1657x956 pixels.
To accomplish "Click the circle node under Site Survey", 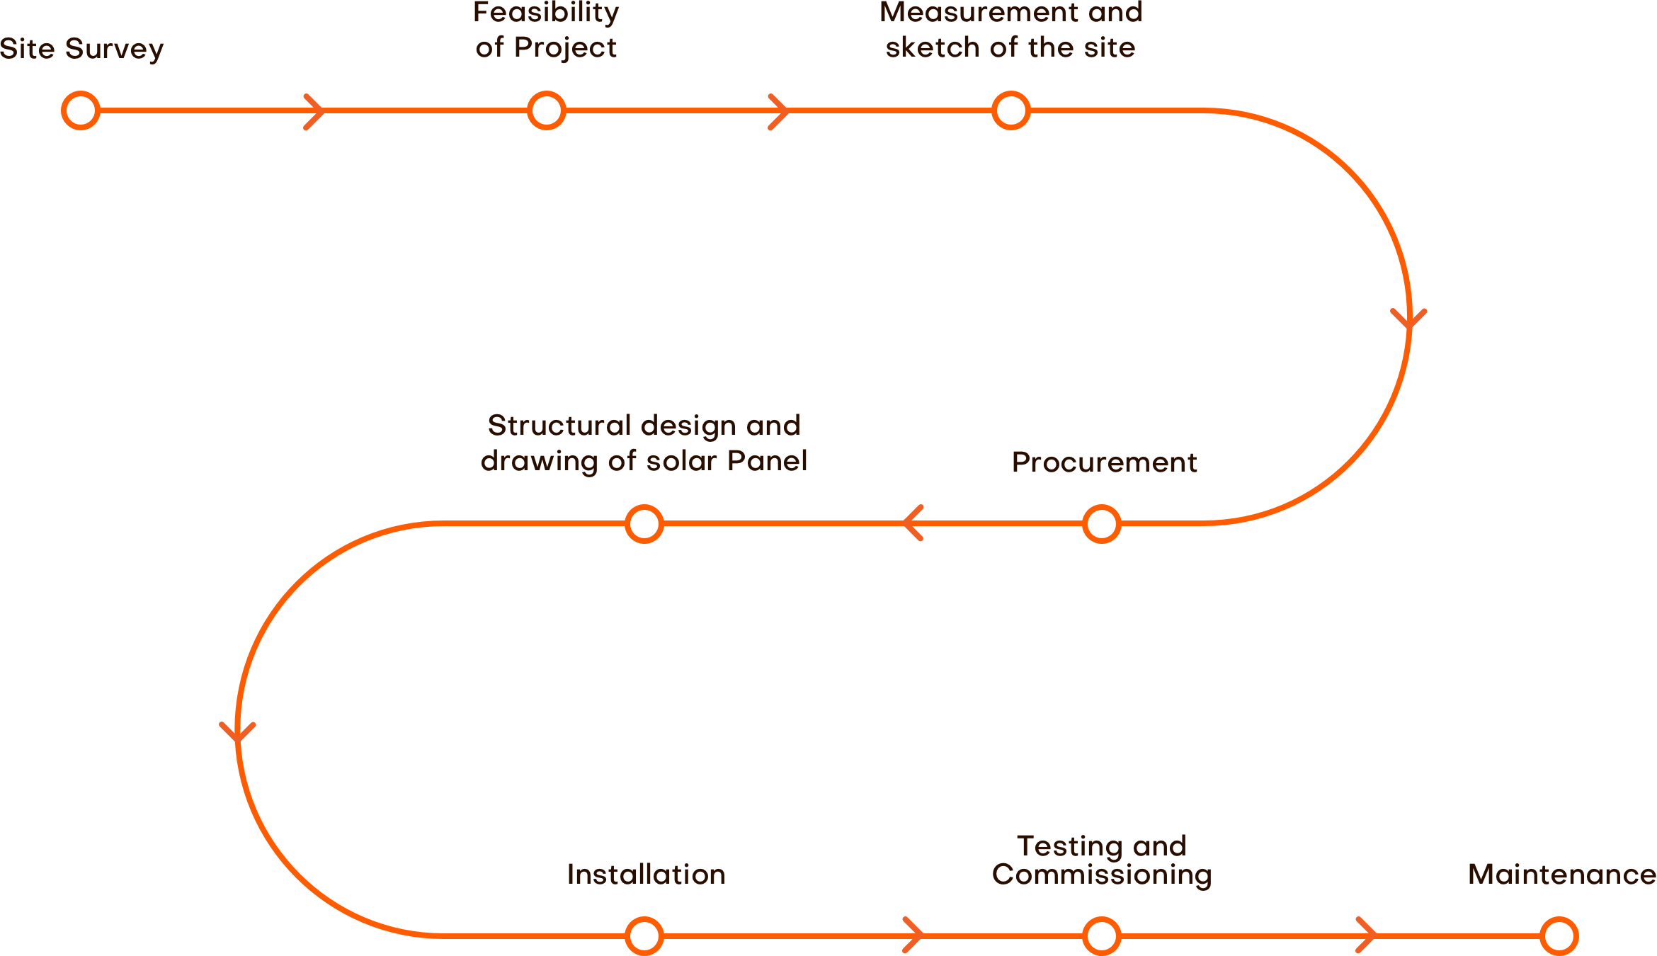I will (x=81, y=110).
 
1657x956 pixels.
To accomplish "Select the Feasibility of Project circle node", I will (x=546, y=110).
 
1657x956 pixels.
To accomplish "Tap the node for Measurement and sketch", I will (x=1010, y=110).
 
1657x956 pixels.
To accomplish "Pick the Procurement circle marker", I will (x=1101, y=524).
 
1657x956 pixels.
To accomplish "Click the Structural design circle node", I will (x=644, y=524).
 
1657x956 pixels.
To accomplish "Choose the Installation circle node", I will (x=644, y=936).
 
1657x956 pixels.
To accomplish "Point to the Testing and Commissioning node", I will (x=1101, y=936).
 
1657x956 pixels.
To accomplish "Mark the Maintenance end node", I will (x=1559, y=936).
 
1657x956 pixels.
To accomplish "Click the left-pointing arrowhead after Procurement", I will (x=912, y=523).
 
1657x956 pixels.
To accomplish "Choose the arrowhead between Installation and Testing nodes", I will (x=914, y=935).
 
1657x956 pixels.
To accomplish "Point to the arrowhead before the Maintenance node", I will (x=1367, y=935).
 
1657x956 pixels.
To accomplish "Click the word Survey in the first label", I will (x=115, y=50).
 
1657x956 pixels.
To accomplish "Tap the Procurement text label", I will (x=1104, y=462).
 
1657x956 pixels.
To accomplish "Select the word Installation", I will (x=646, y=875).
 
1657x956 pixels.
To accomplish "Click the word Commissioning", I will (x=1102, y=875).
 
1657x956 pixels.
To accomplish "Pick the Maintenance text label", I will (x=1561, y=875).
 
